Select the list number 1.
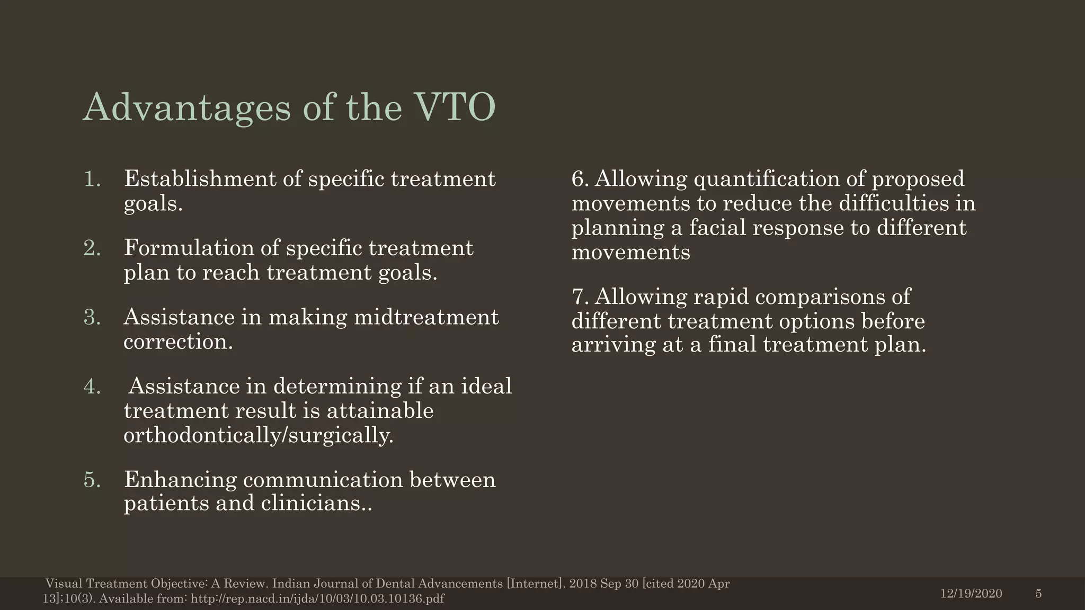92,179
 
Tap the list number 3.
92,317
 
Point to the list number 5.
92,480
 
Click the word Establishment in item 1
199,179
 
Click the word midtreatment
426,317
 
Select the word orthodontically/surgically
258,435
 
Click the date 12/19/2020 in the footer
971,594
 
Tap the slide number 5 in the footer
1038,594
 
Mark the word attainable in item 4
380,411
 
